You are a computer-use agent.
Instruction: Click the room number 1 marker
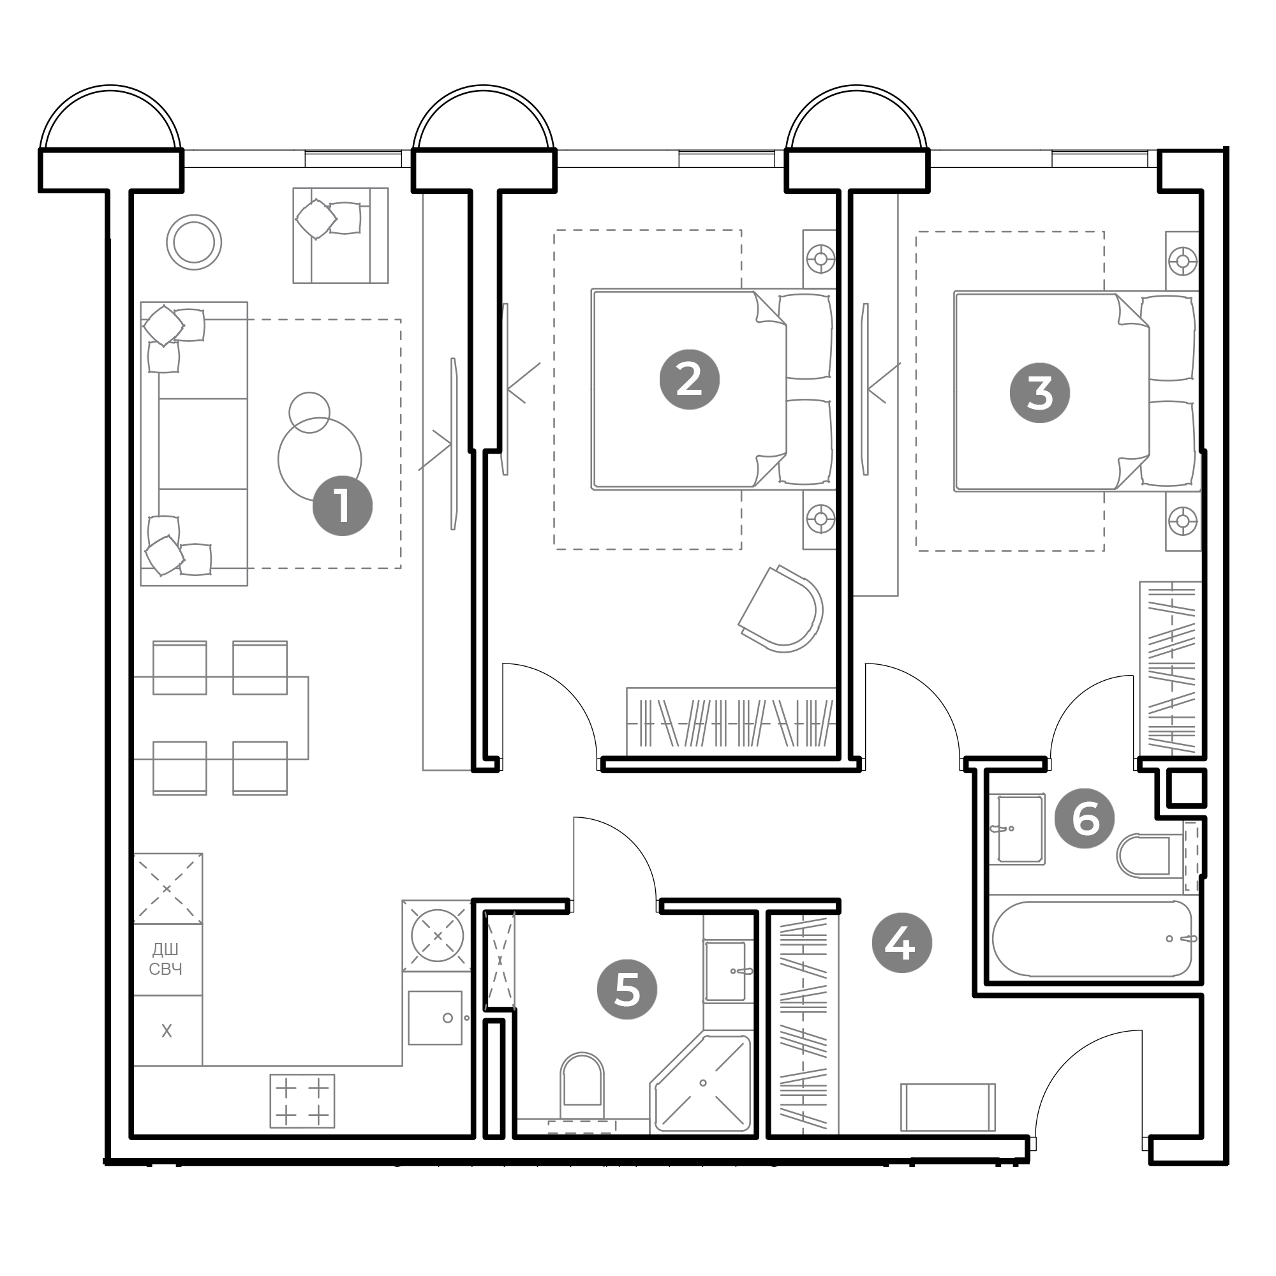click(x=342, y=506)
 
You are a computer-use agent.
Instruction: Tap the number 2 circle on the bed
click(x=690, y=380)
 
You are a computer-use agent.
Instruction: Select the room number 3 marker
click(x=1040, y=393)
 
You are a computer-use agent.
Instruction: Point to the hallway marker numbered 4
click(x=901, y=943)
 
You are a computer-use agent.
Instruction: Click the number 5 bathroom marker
click(x=627, y=990)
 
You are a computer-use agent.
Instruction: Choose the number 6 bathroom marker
click(x=1085, y=819)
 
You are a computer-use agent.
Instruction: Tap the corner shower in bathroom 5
click(x=701, y=1084)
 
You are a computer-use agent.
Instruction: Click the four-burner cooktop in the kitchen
click(x=302, y=1101)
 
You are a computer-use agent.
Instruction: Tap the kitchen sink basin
click(x=434, y=1018)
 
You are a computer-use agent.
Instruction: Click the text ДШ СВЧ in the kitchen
click(x=166, y=960)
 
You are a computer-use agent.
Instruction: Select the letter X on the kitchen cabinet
click(x=167, y=1030)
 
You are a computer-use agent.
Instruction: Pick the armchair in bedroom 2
click(x=782, y=609)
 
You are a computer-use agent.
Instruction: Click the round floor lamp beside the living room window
click(x=193, y=242)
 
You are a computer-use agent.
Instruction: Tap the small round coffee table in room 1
click(x=309, y=413)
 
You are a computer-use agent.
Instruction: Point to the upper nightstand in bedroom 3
click(x=1182, y=261)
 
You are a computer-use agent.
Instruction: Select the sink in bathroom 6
click(x=1020, y=829)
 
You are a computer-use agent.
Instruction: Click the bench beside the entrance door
click(x=948, y=1107)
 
